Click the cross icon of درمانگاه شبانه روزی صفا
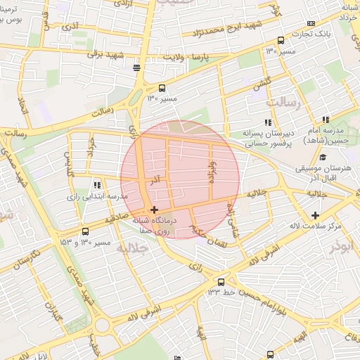tap(155, 210)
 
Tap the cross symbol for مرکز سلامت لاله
tap(315, 215)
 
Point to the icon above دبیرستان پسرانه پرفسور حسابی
tap(267, 122)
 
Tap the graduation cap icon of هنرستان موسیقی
tap(322, 157)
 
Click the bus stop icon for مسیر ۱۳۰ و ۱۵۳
tap(86, 231)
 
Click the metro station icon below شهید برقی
tap(136, 68)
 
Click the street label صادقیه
tap(115, 219)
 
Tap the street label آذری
tap(71, 27)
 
